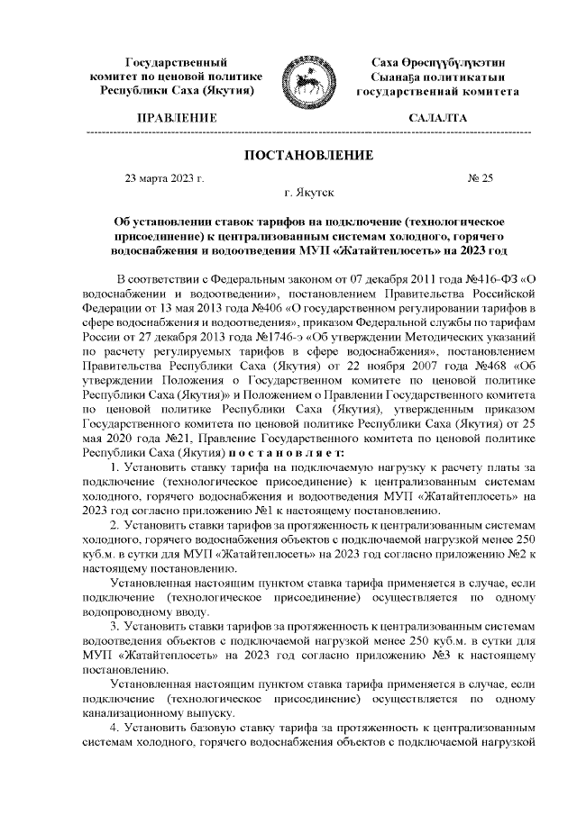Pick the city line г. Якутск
tap(308, 193)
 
